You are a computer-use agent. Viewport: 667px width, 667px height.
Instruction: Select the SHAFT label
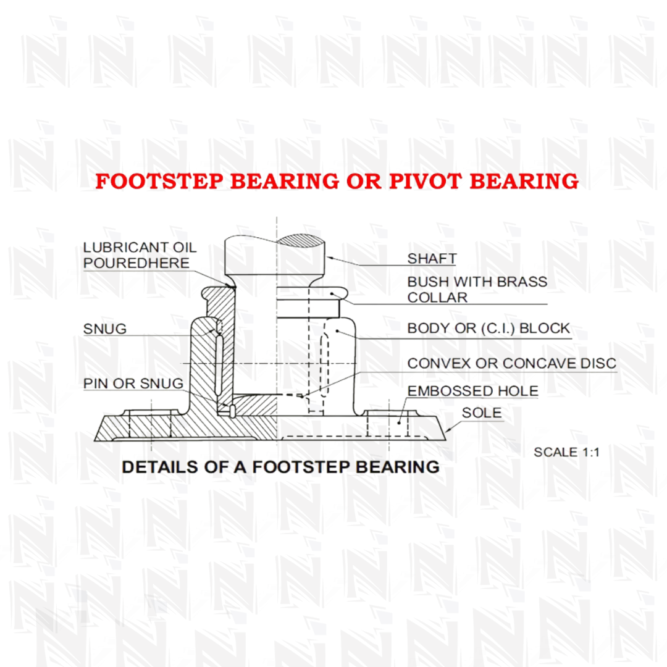pos(432,259)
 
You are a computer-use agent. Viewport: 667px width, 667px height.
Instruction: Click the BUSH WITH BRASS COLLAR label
pos(477,289)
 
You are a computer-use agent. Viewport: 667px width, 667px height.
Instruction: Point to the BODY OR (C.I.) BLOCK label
pos(488,328)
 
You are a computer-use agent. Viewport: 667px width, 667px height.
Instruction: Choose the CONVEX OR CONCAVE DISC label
pos(511,363)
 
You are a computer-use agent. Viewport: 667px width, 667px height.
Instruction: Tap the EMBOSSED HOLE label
pos(472,391)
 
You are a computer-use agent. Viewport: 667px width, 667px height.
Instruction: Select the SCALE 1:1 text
pos(566,451)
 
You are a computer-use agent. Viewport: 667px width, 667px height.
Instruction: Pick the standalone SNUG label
pos(105,329)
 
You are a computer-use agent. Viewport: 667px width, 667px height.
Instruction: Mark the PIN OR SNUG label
pos(133,384)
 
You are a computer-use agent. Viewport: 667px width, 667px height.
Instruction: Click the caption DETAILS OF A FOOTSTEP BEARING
pos(280,467)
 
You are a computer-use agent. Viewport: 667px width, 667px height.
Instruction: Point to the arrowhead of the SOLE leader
pos(448,430)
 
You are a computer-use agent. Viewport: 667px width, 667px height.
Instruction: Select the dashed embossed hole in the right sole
pos(388,424)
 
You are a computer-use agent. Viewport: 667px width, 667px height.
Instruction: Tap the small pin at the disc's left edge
pos(229,409)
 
